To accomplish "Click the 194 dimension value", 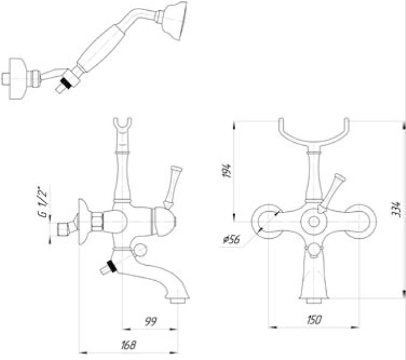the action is point(227,170).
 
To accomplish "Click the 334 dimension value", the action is point(396,209).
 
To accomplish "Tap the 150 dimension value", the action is point(314,320).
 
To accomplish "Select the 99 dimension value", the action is point(151,322).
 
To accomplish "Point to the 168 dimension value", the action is point(128,345).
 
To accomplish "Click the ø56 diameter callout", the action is point(231,239).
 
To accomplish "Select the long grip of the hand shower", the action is point(101,47).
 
